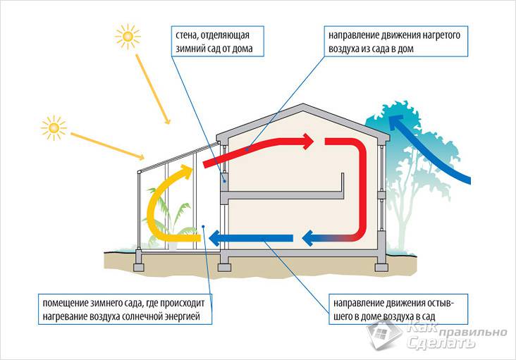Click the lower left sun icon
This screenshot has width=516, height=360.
[x=53, y=127]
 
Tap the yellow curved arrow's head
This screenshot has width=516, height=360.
[x=185, y=171]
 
